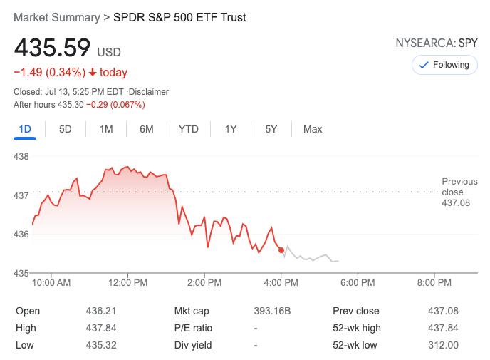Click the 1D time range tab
point(25,129)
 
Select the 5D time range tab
point(66,129)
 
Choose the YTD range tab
point(189,129)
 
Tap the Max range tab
point(313,129)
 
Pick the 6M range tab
point(147,129)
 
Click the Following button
point(444,65)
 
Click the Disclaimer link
point(150,92)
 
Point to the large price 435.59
point(53,48)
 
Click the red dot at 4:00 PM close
point(281,250)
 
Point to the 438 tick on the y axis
point(21,156)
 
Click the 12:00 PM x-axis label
point(127,283)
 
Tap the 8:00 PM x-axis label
point(434,283)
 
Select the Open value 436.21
point(101,311)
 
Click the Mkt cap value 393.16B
point(273,311)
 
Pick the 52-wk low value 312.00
point(444,345)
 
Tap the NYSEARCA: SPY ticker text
point(437,43)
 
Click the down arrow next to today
point(93,73)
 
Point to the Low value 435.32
point(101,345)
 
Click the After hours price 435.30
point(71,105)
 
